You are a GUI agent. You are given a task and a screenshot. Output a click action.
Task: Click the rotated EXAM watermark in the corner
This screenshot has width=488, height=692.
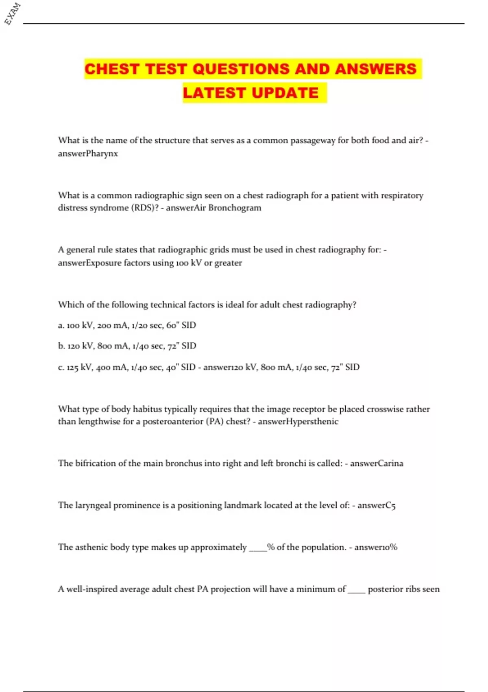coord(12,14)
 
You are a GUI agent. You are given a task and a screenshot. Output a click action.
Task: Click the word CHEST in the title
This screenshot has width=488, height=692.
coord(112,69)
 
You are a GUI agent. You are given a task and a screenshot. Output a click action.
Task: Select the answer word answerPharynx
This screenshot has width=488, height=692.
coord(88,153)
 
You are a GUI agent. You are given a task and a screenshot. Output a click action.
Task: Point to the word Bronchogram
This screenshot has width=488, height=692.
coord(235,208)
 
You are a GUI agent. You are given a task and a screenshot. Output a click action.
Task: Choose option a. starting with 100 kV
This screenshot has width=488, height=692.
coord(127,325)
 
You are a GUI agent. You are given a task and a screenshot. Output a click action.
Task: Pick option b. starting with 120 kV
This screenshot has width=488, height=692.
coord(127,346)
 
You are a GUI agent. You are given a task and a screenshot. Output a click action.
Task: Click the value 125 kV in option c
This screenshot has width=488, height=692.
coord(79,367)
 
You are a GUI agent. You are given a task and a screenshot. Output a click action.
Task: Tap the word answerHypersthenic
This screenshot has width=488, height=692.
coord(298,421)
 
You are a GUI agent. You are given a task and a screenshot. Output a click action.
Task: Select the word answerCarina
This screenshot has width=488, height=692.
coord(377,463)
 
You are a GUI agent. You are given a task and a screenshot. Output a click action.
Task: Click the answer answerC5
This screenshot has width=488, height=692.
coord(376,505)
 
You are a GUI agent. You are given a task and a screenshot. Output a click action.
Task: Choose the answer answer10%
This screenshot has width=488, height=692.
coord(375,547)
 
